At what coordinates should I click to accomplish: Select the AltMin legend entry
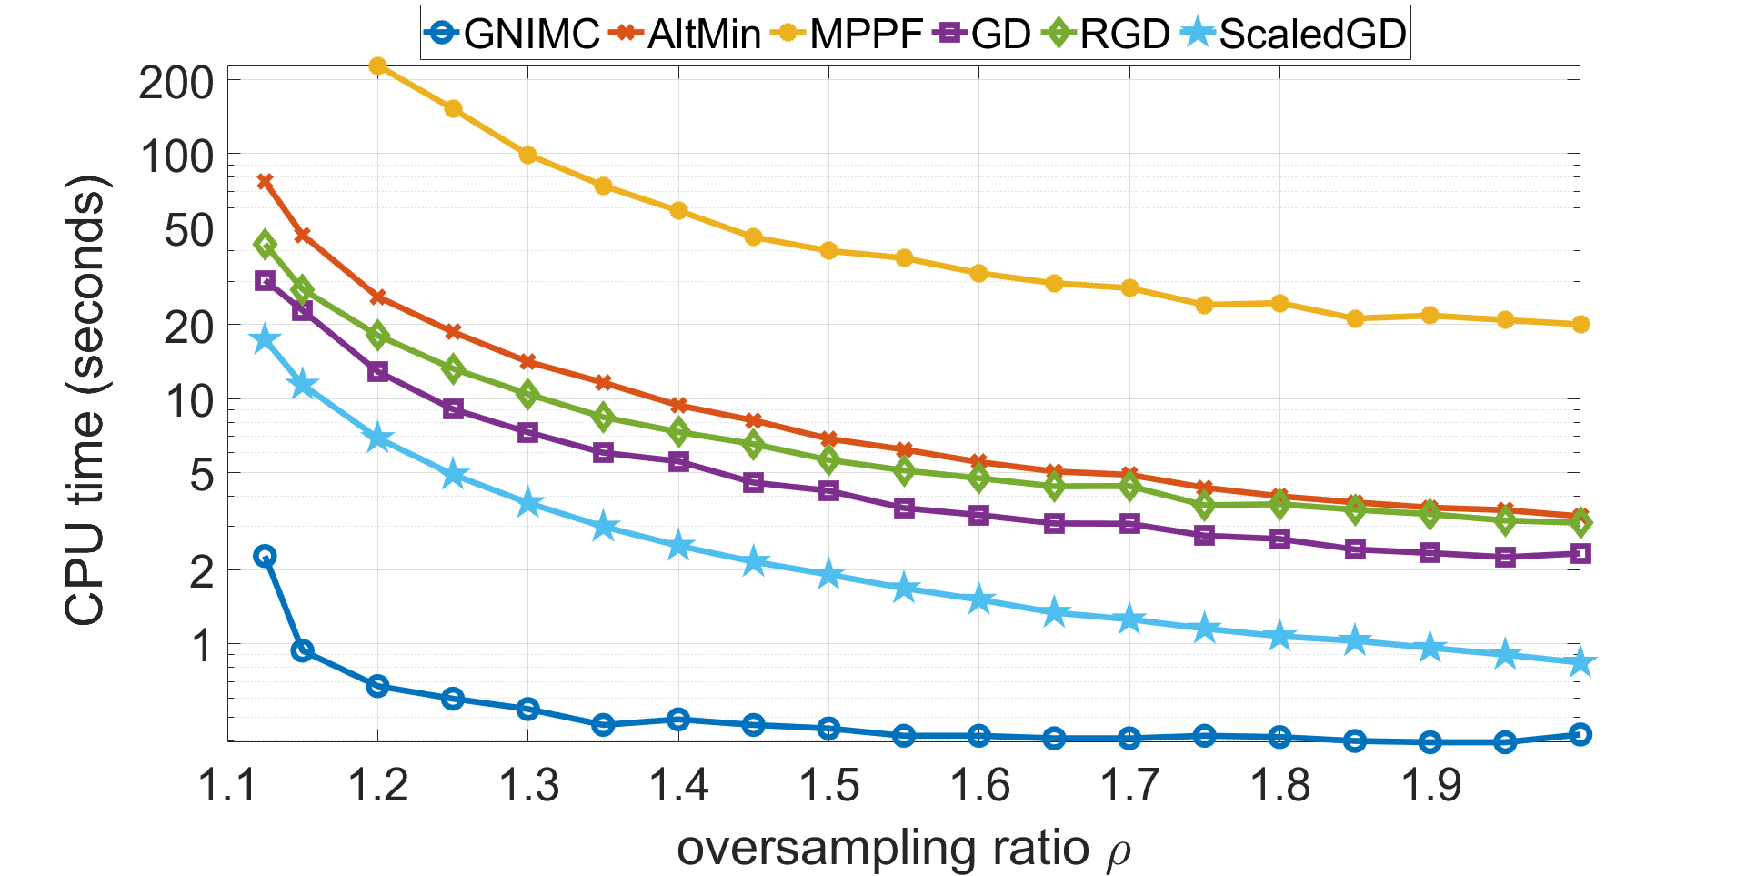point(687,35)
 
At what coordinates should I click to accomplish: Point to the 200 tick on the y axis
point(176,84)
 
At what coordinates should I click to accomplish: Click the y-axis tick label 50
point(188,230)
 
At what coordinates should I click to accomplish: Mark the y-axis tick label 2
point(201,571)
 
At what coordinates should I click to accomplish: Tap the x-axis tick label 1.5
point(828,785)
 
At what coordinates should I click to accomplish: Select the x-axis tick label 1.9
point(1430,785)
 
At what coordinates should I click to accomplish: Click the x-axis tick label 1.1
point(227,785)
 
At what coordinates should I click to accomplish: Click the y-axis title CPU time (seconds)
point(86,400)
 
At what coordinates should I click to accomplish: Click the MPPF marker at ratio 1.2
point(377,65)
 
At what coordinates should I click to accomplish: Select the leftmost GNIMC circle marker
point(265,556)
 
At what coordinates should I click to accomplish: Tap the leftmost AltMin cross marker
point(265,181)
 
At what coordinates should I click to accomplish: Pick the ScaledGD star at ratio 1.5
point(828,575)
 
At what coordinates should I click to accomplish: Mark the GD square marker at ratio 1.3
point(527,432)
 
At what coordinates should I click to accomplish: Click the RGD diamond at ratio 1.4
point(678,431)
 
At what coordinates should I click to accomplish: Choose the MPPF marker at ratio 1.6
point(978,273)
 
